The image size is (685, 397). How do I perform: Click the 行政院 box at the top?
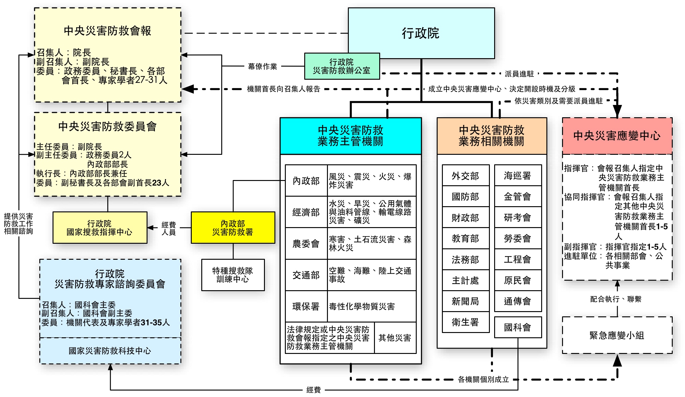coord(421,33)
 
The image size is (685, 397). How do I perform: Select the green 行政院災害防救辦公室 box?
coord(342,66)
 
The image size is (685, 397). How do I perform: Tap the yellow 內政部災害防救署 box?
coord(233,228)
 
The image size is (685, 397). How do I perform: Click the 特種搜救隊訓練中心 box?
coord(233,275)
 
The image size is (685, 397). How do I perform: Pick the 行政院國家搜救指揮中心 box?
coord(100,228)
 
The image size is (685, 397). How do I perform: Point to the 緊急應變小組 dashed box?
coord(617,335)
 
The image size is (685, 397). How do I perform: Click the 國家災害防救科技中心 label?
coord(110,351)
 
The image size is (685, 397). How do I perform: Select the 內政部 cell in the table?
coord(306,181)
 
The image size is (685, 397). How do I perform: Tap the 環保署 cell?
coord(306,307)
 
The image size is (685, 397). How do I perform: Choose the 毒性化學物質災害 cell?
coord(362,307)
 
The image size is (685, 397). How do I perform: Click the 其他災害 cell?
coord(395,338)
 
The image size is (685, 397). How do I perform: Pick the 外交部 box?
coord(465,176)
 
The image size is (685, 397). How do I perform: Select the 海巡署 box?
coord(518,176)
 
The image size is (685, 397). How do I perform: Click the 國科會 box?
coord(518,327)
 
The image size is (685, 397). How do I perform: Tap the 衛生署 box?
coord(465,322)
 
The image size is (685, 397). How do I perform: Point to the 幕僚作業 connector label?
coord(262,66)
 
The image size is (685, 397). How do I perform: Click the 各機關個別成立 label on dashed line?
coord(483,379)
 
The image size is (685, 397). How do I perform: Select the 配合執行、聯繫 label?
coord(616,299)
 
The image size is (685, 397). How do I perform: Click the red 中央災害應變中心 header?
coord(617,136)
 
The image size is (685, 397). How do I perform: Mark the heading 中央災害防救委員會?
coord(108,126)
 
